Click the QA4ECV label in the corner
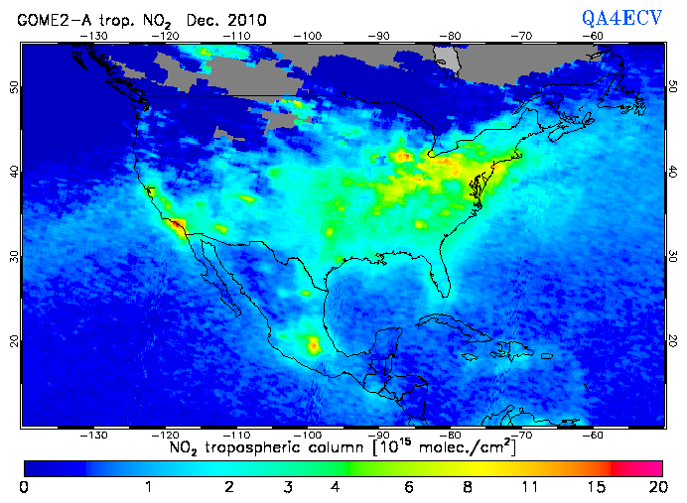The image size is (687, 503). (621, 18)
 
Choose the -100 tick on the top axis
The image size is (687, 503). (309, 35)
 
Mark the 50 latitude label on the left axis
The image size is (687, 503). (13, 87)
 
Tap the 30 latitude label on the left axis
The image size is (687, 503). (13, 256)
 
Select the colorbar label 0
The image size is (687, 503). (23, 487)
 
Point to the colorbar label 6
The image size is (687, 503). (408, 487)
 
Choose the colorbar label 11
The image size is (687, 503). (531, 487)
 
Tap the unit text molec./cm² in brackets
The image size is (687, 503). (453, 448)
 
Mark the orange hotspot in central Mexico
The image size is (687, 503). (315, 345)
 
